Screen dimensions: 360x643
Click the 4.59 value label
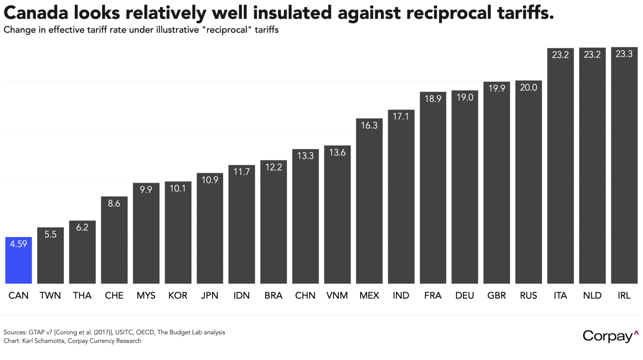click(x=18, y=244)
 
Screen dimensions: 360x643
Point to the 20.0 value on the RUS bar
click(x=528, y=87)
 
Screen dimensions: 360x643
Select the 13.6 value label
click(x=337, y=153)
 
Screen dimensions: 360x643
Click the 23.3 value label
click(x=624, y=54)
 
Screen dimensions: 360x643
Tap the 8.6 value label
click(x=114, y=203)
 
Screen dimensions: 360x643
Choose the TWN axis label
click(x=50, y=296)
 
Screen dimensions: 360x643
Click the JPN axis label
click(x=210, y=296)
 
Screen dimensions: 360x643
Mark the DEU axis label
click(x=465, y=296)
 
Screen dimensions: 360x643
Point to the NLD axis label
click(x=592, y=296)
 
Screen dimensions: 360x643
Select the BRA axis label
click(x=273, y=296)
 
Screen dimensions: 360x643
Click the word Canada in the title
click(x=36, y=13)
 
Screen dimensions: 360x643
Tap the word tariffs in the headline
click(x=525, y=13)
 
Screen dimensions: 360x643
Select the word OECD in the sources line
click(x=145, y=332)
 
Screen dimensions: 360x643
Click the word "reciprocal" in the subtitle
click(x=227, y=30)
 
